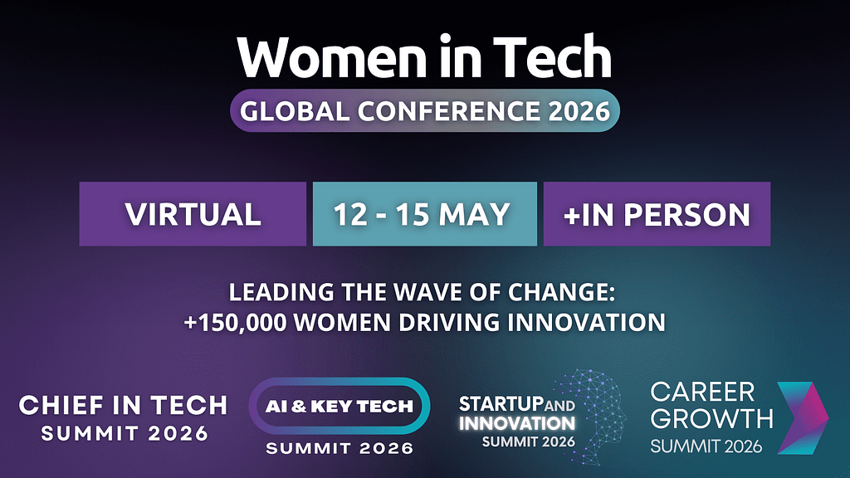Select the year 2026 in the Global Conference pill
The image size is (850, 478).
coord(579,111)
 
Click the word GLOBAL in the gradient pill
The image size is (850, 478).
coord(295,111)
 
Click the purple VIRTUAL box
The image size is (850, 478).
coord(193,214)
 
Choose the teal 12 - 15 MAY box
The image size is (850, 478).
coord(425,214)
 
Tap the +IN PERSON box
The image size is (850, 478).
coord(657,214)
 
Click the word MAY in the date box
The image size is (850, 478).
coord(474,214)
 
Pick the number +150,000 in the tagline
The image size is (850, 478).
coord(235,323)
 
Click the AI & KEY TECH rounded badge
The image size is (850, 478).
coord(340,406)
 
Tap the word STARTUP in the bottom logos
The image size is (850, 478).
coord(501,404)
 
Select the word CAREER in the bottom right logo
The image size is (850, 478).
coord(702,392)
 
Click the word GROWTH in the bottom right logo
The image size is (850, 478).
coord(711,418)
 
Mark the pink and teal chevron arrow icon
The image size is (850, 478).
coord(803,418)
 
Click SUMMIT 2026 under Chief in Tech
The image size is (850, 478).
coord(125,433)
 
